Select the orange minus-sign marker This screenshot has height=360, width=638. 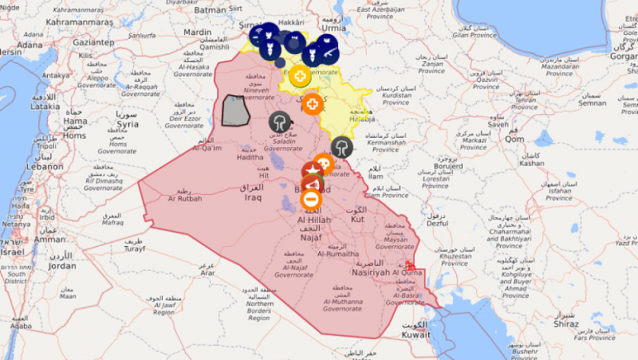click(x=311, y=200)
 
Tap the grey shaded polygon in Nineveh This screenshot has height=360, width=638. click(x=235, y=110)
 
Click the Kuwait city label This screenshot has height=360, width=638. click(x=416, y=335)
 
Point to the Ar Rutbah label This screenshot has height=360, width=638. click(x=185, y=198)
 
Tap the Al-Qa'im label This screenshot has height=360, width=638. click(x=207, y=147)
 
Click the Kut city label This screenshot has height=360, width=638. click(x=357, y=219)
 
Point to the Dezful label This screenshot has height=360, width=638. click(x=437, y=223)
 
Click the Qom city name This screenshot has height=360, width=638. click(x=515, y=139)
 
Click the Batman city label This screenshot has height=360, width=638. click(x=210, y=10)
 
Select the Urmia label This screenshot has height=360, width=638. click(x=333, y=28)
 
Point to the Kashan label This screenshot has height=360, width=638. click(x=532, y=163)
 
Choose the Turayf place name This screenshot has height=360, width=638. click(x=133, y=249)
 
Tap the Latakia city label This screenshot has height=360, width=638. click(x=45, y=106)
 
